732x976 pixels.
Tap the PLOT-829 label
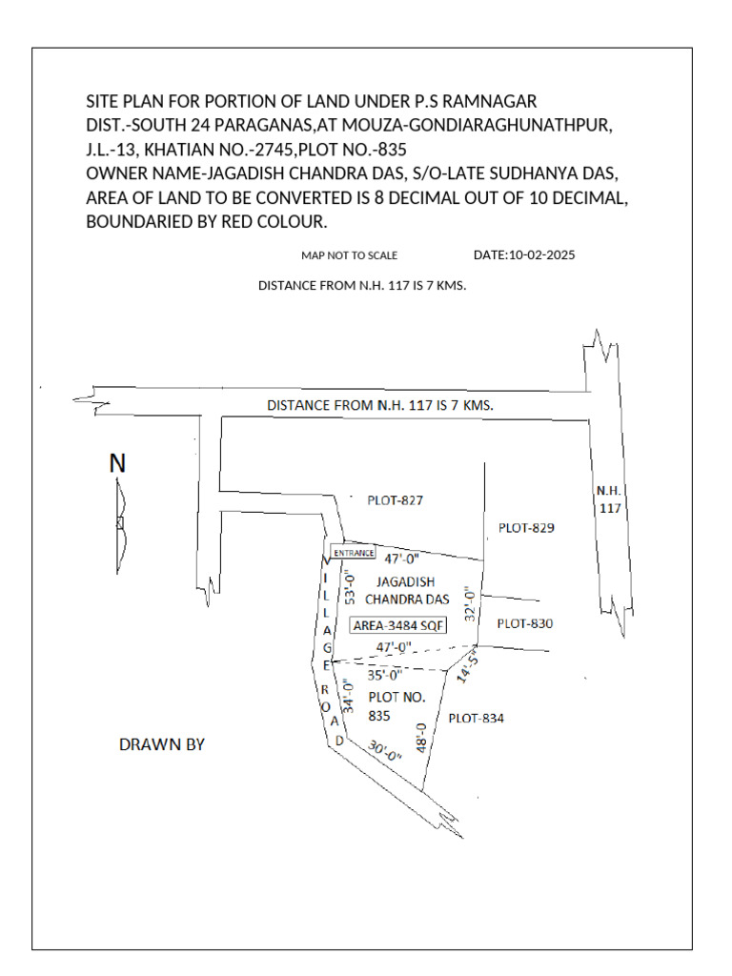pyautogui.click(x=526, y=527)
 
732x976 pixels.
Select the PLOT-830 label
pyautogui.click(x=525, y=623)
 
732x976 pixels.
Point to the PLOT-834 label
pyautogui.click(x=476, y=719)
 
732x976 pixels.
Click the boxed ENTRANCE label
pyautogui.click(x=353, y=553)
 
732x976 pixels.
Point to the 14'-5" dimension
pyautogui.click(x=467, y=667)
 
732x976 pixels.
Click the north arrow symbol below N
pyautogui.click(x=119, y=522)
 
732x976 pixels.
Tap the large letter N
pyautogui.click(x=117, y=464)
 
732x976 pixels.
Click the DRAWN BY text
pyautogui.click(x=162, y=744)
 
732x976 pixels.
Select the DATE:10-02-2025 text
pyautogui.click(x=524, y=255)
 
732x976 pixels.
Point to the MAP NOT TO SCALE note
pyautogui.click(x=349, y=255)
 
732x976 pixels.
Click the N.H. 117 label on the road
pyautogui.click(x=609, y=499)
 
